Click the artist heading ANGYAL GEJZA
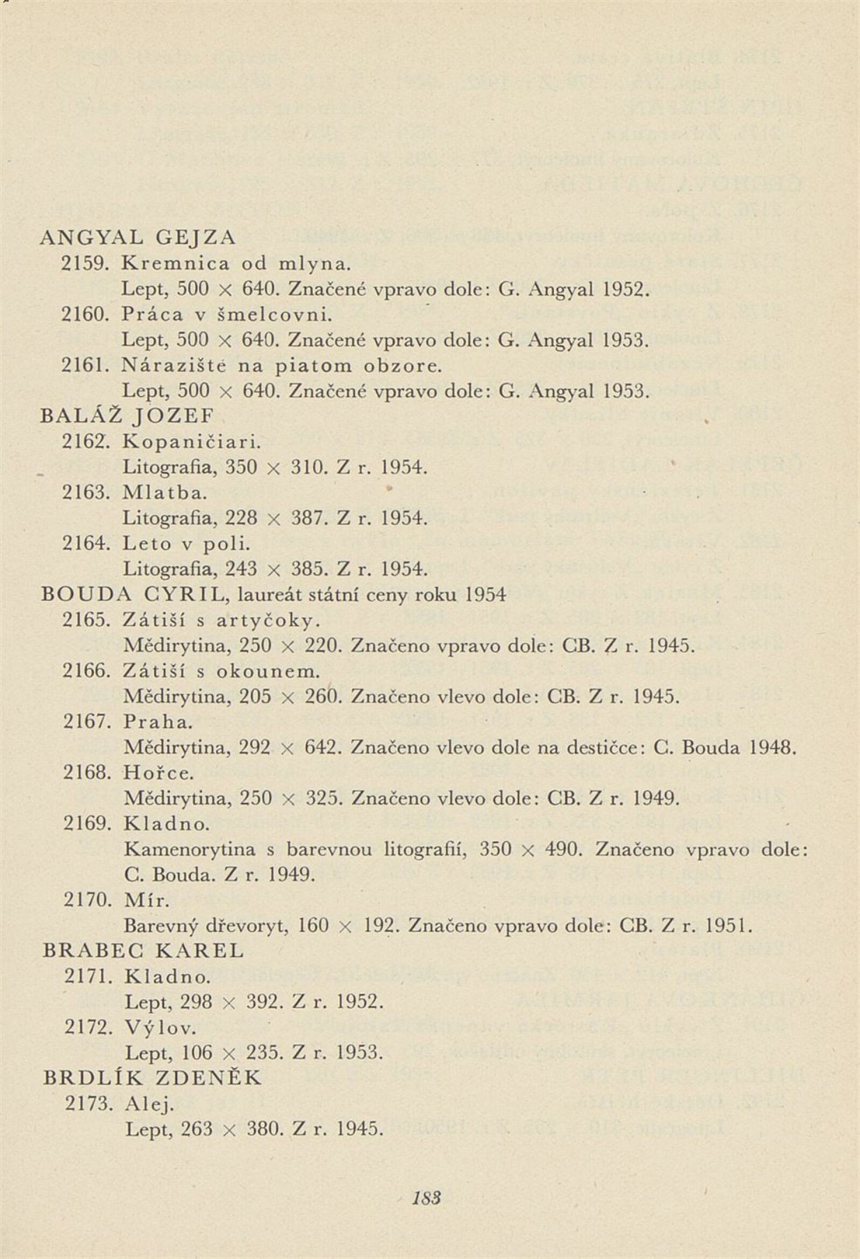coord(139,238)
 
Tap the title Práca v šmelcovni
coord(227,315)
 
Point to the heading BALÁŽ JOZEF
coord(128,416)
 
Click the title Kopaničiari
coord(192,442)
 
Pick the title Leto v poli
coord(187,543)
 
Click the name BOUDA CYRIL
coord(133,594)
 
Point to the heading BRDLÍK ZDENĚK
coord(152,1078)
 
